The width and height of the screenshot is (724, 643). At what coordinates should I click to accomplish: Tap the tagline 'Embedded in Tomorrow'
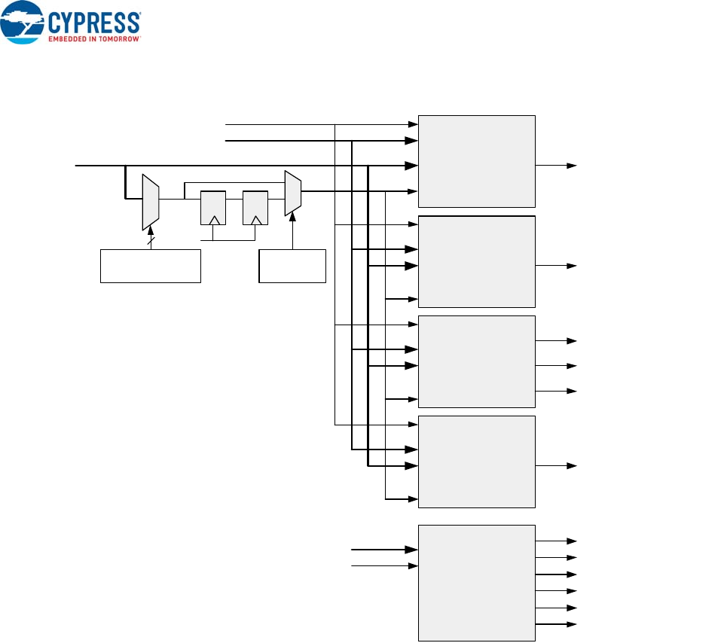[x=95, y=37]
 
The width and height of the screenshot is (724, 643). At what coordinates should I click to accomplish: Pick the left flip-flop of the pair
[x=212, y=208]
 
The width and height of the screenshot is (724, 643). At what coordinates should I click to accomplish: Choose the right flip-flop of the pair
[x=255, y=208]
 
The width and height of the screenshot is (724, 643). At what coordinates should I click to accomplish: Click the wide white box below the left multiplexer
[x=151, y=266]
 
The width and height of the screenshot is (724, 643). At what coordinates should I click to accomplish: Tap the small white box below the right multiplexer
[x=292, y=266]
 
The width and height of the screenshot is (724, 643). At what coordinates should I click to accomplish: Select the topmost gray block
[x=476, y=161]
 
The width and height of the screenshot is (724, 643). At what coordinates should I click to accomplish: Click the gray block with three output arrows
[x=476, y=361]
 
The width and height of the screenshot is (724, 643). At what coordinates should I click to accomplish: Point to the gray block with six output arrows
[x=476, y=583]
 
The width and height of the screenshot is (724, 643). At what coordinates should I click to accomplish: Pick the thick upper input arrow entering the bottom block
[x=384, y=550]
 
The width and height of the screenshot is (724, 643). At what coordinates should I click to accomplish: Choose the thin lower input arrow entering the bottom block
[x=384, y=565]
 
